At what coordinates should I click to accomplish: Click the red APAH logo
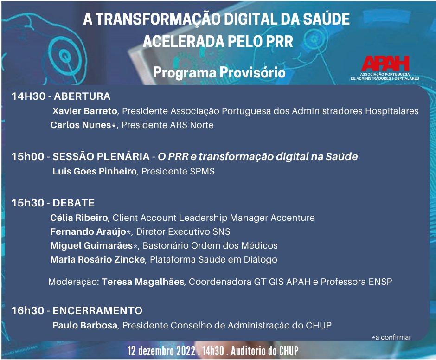tap(385, 64)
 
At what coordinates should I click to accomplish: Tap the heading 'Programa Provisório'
tap(219, 73)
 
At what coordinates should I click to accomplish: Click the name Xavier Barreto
tap(86, 111)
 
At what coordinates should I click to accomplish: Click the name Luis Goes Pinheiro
tap(95, 171)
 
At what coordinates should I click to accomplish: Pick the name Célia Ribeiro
tap(79, 218)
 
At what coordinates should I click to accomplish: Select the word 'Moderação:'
tap(73, 282)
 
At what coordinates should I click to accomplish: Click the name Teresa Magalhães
tap(144, 282)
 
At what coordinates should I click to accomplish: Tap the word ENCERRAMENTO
tap(98, 310)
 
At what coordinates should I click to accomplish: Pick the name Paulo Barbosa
tap(85, 325)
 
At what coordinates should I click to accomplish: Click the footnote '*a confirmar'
tap(391, 337)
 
